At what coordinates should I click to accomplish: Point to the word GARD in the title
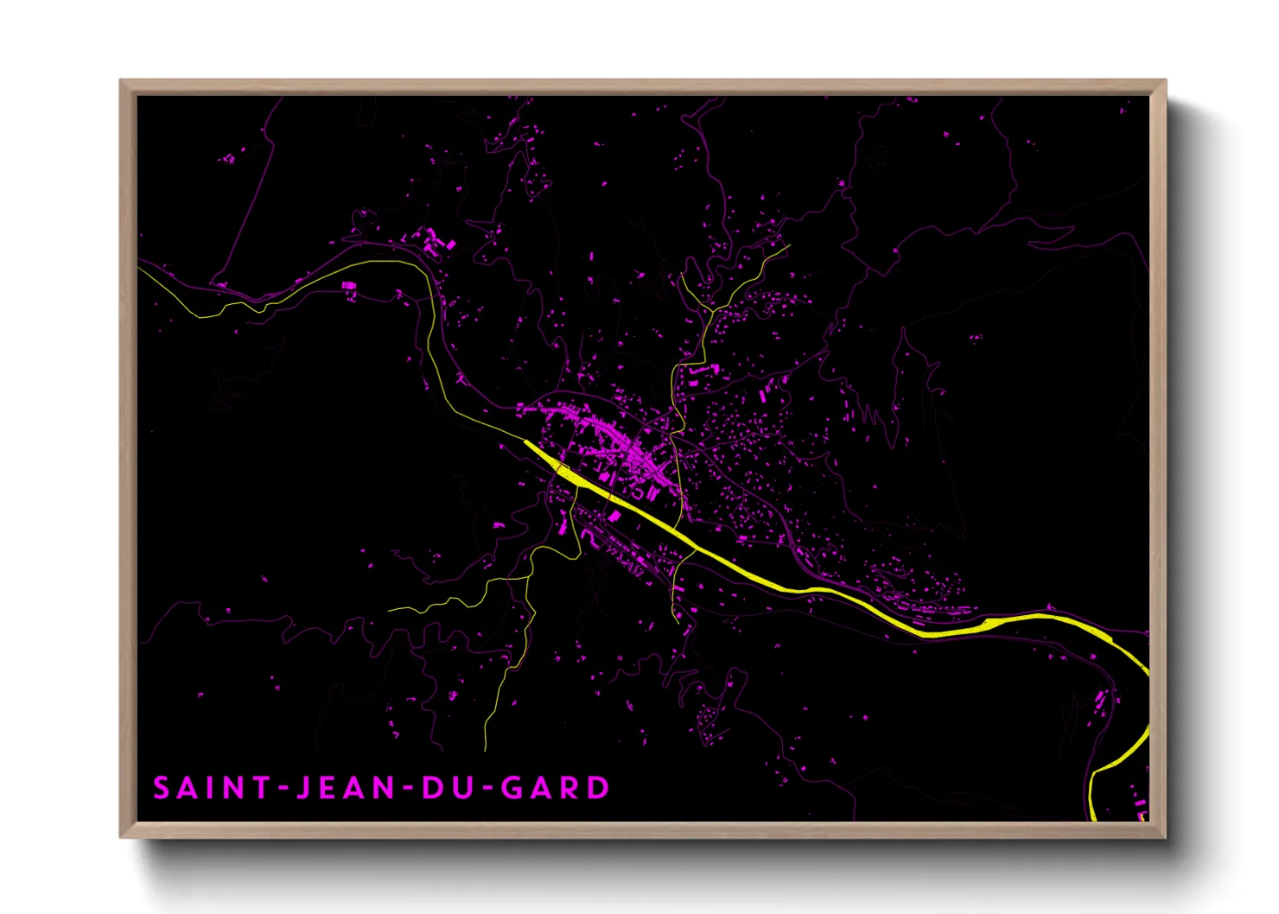click(556, 788)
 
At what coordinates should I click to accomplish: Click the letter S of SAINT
click(162, 788)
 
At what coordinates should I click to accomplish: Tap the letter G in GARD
click(513, 788)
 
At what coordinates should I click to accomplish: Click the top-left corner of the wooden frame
click(121, 81)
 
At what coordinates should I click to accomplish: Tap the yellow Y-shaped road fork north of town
click(710, 309)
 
